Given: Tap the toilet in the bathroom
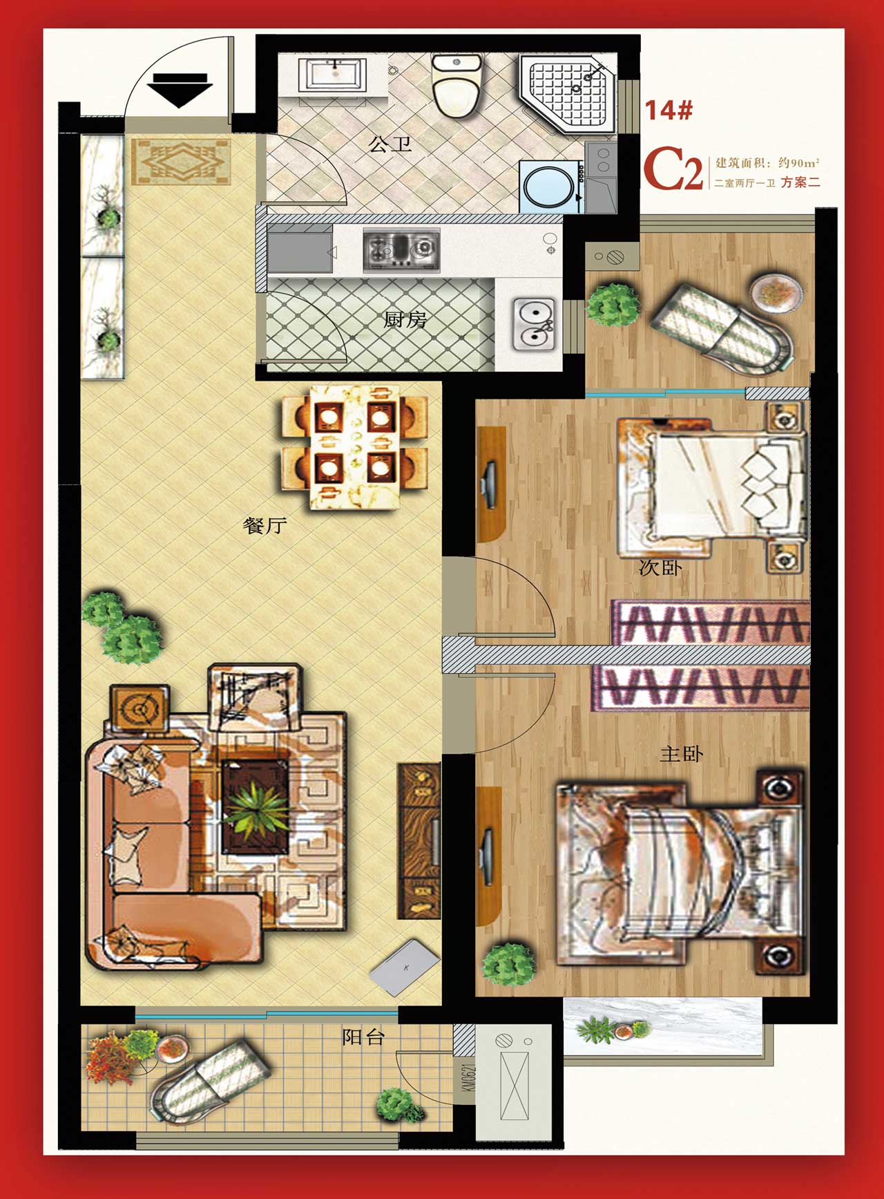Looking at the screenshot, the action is pos(456,86).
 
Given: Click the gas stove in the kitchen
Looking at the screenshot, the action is pos(401,249).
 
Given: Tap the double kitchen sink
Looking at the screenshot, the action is pos(533,323).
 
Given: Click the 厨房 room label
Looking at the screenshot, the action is pos(405,319).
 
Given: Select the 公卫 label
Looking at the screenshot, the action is pos(390,144).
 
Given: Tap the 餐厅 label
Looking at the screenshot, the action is pos(265,525).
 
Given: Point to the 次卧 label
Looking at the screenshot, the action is pos(660,568).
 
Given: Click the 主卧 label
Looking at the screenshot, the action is pos(681,753).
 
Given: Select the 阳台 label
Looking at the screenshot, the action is pos(363,1037).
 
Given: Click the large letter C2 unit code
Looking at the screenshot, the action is pos(673,169).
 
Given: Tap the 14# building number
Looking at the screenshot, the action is pos(669,110).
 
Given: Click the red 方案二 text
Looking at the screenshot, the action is pos(800,182).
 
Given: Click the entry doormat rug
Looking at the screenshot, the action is pos(181,162).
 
